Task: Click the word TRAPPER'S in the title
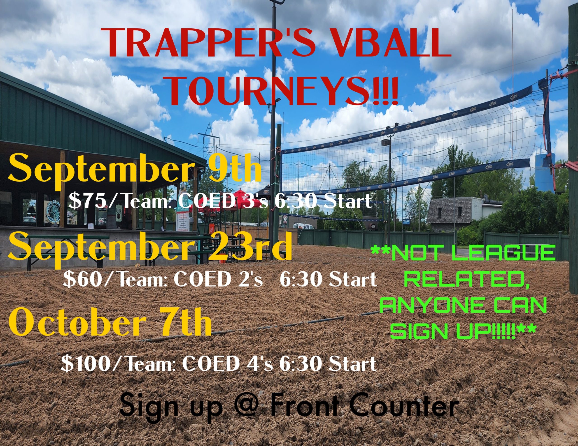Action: click(x=209, y=43)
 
